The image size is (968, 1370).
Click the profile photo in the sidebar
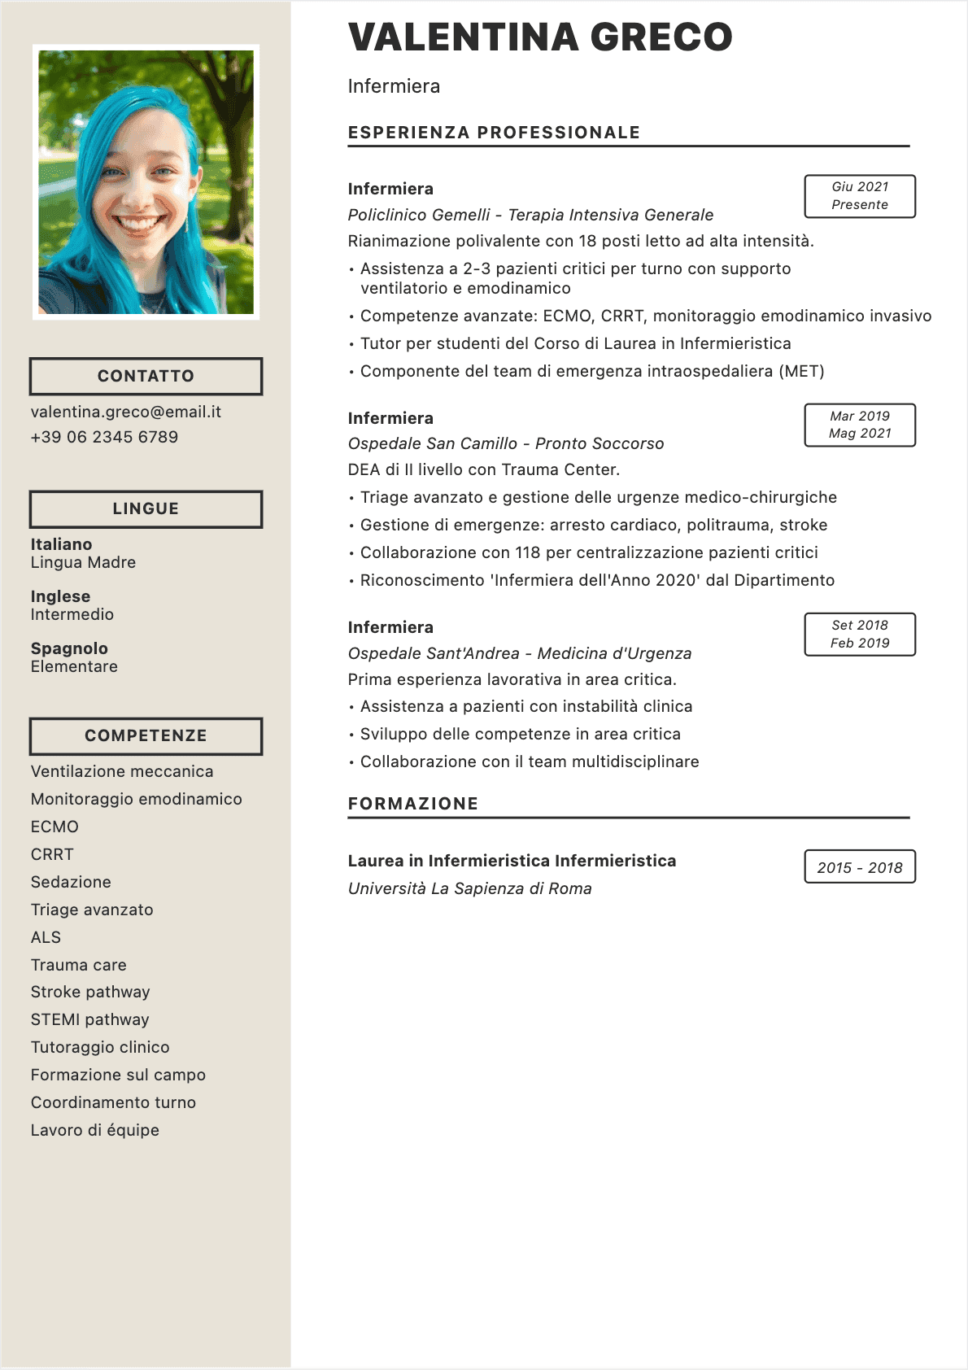[146, 182]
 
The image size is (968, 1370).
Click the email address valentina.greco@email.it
[126, 412]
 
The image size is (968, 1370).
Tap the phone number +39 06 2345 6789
[104, 437]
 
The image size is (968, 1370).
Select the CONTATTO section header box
[146, 376]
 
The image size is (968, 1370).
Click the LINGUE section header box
[146, 508]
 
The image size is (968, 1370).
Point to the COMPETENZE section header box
[146, 735]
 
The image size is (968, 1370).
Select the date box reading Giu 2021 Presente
[860, 196]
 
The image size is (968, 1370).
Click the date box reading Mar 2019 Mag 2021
[860, 425]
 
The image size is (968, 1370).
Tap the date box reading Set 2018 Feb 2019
[860, 634]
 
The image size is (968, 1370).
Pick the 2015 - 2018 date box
[860, 867]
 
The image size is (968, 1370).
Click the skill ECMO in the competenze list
[55, 827]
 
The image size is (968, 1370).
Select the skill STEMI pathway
[89, 1019]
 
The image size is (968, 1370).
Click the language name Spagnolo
[69, 648]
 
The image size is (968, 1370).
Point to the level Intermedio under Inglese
[72, 614]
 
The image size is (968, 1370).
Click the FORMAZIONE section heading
[413, 804]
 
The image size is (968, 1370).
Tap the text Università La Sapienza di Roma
[469, 888]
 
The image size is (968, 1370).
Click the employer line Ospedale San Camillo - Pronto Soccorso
[506, 443]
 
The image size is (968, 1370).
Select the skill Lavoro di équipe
[95, 1130]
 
